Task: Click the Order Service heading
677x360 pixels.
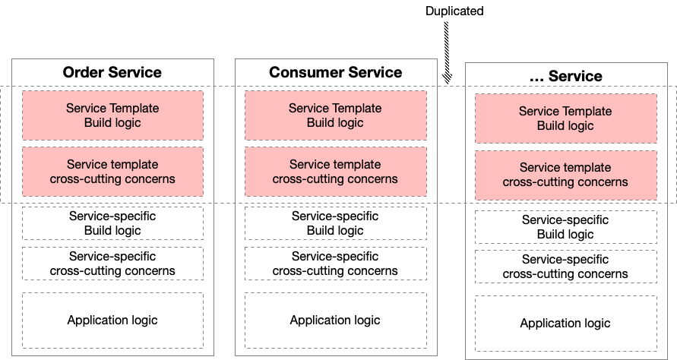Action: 112,72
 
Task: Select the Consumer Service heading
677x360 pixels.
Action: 336,72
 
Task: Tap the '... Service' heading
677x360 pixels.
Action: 565,76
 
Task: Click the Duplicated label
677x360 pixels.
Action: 454,11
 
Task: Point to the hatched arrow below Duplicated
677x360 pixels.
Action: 447,52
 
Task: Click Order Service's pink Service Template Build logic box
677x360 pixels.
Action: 112,115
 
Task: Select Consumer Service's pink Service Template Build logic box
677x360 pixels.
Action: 336,115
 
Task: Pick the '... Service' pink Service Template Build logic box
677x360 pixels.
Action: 565,118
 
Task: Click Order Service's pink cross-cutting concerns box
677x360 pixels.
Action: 112,172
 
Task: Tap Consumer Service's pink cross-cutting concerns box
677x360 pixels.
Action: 336,172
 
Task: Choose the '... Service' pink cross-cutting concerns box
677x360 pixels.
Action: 565,175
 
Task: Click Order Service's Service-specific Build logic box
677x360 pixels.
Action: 112,223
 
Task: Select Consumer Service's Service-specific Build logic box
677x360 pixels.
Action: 336,223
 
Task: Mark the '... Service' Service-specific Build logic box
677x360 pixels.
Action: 565,227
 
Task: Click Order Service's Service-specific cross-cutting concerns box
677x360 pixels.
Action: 112,264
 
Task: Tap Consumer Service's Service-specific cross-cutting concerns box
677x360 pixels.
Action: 336,264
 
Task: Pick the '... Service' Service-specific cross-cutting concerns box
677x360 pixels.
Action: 565,267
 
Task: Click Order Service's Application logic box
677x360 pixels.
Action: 112,321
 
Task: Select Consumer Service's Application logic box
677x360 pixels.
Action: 336,321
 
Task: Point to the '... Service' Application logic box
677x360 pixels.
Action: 565,324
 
